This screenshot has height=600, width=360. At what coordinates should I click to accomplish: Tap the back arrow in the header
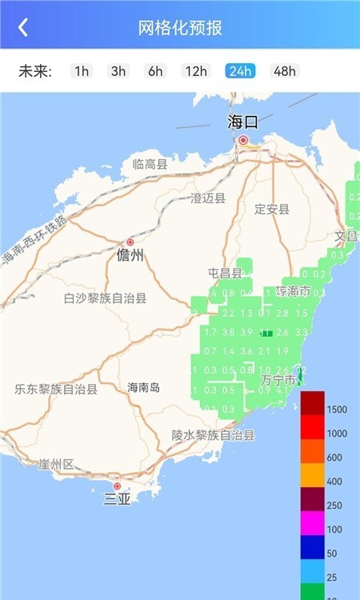pyautogui.click(x=23, y=27)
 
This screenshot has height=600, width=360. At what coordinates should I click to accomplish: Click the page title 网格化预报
pyautogui.click(x=180, y=27)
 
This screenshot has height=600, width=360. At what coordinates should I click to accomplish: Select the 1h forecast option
pyautogui.click(x=82, y=71)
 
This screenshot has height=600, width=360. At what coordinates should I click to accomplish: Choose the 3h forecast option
pyautogui.click(x=118, y=71)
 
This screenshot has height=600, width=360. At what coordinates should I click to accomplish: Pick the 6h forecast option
pyautogui.click(x=155, y=71)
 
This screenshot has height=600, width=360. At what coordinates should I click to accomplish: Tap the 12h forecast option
pyautogui.click(x=196, y=71)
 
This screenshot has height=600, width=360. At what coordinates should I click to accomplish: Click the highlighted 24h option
pyautogui.click(x=240, y=71)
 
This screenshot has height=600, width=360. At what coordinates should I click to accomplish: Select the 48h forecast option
pyautogui.click(x=284, y=71)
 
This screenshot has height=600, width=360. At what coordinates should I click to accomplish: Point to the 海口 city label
pyautogui.click(x=243, y=122)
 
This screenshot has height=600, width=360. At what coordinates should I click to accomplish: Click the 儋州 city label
pyautogui.click(x=130, y=255)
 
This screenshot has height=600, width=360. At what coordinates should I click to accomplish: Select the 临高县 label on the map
pyautogui.click(x=150, y=165)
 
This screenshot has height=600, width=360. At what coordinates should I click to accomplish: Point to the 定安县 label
pyautogui.click(x=272, y=210)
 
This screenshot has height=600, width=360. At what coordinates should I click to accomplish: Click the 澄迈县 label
pyautogui.click(x=208, y=198)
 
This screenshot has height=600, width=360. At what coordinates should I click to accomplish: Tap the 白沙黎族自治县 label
pyautogui.click(x=105, y=298)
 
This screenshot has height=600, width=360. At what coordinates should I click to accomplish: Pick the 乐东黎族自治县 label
pyautogui.click(x=56, y=390)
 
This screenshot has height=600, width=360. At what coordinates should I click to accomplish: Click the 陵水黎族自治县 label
pyautogui.click(x=213, y=435)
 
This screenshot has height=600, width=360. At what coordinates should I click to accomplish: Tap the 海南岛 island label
pyautogui.click(x=144, y=387)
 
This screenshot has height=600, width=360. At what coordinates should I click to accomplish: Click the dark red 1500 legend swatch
pyautogui.click(x=313, y=404)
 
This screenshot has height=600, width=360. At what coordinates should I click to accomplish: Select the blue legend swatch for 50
pyautogui.click(x=313, y=548)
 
